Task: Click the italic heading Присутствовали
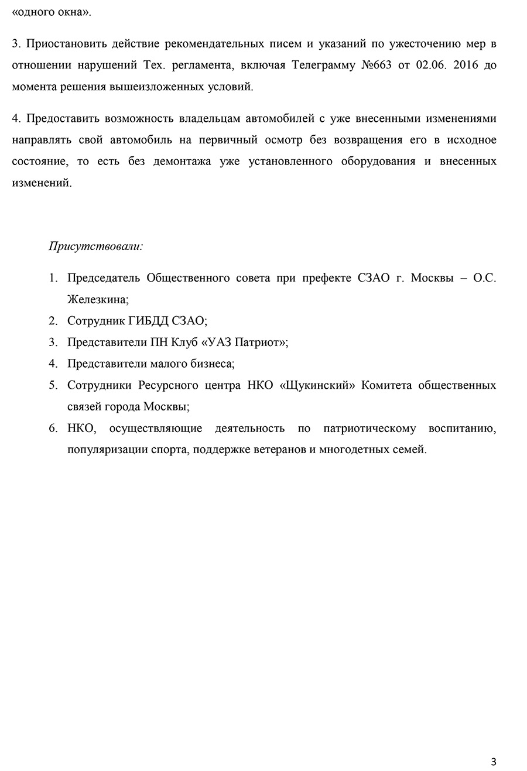click(96, 246)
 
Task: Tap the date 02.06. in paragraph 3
click(432, 65)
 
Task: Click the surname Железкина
click(97, 299)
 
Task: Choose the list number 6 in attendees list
click(53, 429)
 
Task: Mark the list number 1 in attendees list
click(53, 278)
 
